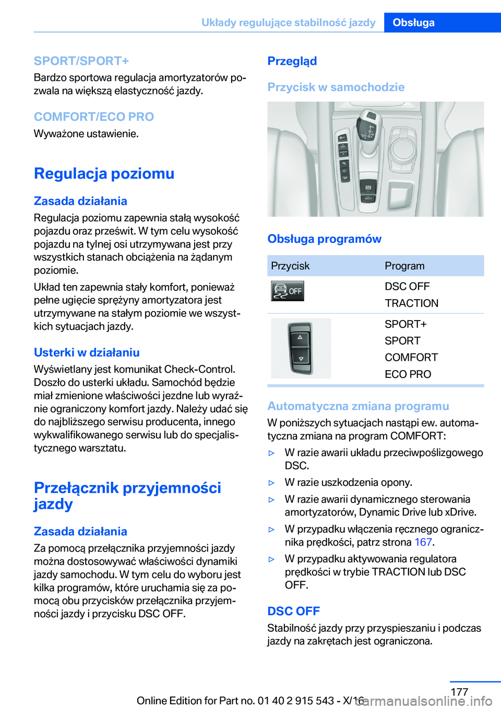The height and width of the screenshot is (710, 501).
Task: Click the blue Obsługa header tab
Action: click(413, 22)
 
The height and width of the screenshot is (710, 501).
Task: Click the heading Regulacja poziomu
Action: click(104, 173)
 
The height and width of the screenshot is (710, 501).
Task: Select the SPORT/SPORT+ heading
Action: click(81, 61)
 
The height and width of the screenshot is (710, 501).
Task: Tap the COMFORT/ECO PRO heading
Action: click(94, 117)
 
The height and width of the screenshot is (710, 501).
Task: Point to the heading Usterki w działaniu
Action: click(87, 352)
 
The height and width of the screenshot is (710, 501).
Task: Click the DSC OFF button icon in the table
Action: click(288, 291)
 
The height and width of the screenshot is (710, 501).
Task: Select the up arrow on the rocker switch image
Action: click(300, 338)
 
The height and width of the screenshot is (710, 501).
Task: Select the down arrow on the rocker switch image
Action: click(301, 359)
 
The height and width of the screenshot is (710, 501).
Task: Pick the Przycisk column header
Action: click(290, 266)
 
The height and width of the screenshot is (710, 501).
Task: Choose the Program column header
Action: click(404, 266)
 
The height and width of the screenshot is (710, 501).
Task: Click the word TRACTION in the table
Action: click(411, 303)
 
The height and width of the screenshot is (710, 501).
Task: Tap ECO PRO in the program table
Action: click(408, 374)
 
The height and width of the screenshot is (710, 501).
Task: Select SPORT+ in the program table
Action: click(405, 324)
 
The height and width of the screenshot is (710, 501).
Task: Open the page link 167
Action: click(423, 542)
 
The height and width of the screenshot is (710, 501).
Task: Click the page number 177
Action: click(459, 692)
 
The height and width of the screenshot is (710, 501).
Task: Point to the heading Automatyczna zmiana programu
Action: click(358, 406)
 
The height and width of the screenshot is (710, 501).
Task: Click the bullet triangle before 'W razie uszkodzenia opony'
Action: click(271, 483)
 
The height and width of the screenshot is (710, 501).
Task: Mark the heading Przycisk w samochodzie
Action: click(336, 87)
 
